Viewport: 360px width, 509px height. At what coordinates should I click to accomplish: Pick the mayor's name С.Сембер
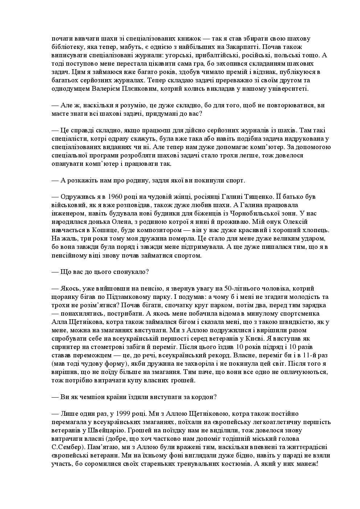68,447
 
